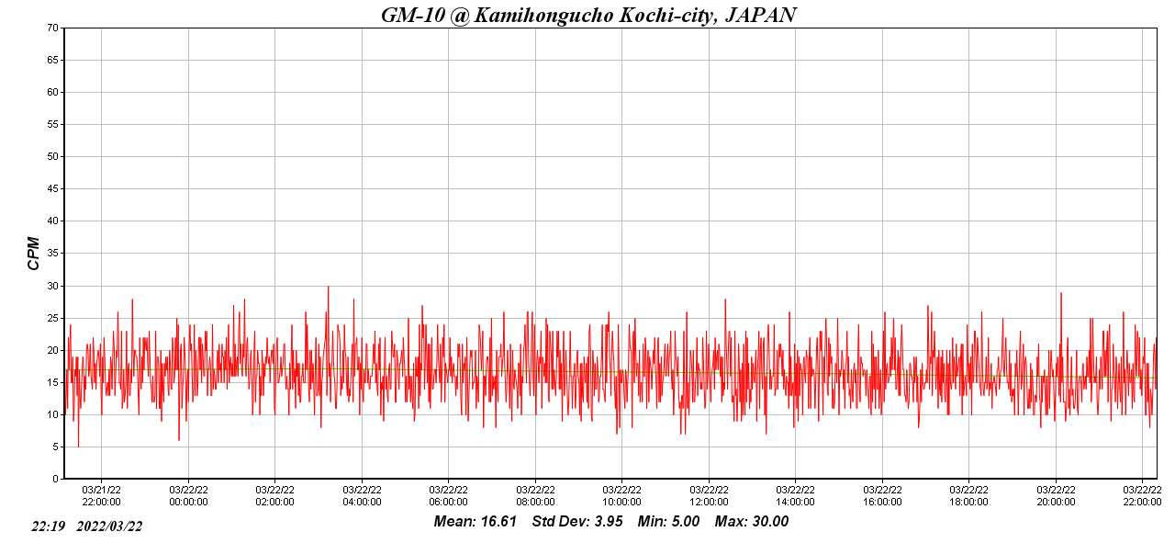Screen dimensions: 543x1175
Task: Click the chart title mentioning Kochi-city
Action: tap(588, 15)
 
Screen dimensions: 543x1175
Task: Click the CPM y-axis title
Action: tap(34, 253)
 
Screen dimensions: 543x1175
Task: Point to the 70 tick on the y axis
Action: tap(53, 28)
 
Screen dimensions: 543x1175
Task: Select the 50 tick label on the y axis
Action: tap(53, 156)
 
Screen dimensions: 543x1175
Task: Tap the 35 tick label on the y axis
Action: tap(53, 254)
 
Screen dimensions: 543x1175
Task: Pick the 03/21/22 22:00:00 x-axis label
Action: tap(101, 495)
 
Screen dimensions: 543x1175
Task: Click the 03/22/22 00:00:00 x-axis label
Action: tap(188, 495)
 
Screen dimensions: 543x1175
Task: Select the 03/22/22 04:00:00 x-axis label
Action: tap(362, 495)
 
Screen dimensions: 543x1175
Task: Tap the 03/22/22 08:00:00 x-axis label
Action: tap(535, 495)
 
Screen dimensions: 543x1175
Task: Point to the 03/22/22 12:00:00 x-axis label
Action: tap(709, 495)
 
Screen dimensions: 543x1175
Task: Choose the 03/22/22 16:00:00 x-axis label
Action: tap(882, 495)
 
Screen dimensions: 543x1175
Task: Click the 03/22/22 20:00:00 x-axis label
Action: tap(1056, 495)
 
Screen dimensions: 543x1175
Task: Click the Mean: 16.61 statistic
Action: tap(476, 522)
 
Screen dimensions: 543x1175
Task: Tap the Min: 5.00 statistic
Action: tap(668, 522)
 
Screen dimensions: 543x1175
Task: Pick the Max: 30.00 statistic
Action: tap(752, 522)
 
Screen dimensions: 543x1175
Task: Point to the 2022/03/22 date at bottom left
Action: tap(109, 526)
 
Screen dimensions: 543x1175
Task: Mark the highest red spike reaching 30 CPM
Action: tap(328, 287)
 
